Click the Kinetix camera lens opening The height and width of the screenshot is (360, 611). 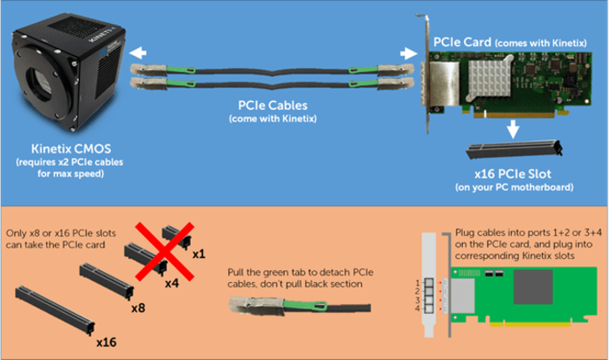click(40, 83)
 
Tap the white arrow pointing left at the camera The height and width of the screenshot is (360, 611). click(137, 53)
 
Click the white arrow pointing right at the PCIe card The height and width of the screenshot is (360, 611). click(409, 53)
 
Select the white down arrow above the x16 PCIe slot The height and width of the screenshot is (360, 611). click(513, 129)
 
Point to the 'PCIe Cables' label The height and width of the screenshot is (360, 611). click(273, 106)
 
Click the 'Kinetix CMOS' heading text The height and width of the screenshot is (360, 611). click(71, 148)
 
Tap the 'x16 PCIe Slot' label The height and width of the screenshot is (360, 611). click(513, 174)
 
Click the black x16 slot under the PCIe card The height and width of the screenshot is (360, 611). click(514, 149)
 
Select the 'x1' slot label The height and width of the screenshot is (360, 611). click(199, 254)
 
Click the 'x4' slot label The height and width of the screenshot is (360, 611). click(172, 283)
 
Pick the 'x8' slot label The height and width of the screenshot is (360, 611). click(138, 309)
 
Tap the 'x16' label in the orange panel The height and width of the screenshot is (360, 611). click(106, 342)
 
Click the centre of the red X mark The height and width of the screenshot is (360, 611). click(164, 251)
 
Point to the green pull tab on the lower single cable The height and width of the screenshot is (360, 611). click(305, 306)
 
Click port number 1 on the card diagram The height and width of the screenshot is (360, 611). click(418, 283)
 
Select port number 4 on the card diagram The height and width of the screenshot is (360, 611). click(418, 309)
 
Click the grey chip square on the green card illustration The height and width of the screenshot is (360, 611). click(533, 286)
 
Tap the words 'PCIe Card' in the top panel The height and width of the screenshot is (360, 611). click(462, 42)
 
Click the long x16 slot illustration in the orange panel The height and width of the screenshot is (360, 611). click(55, 310)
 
